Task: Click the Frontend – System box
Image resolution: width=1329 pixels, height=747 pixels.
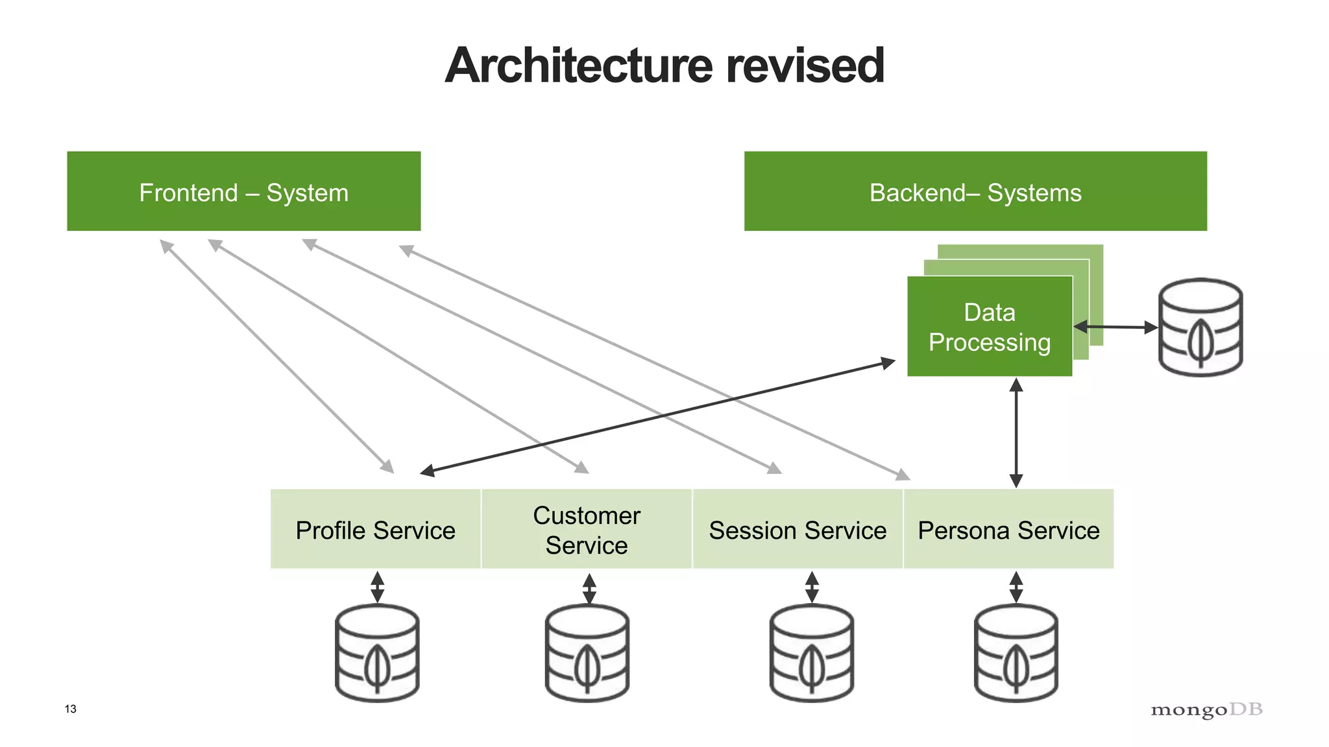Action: (243, 191)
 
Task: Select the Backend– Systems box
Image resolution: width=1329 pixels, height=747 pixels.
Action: (975, 191)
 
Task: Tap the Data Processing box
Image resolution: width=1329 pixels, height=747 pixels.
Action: (989, 327)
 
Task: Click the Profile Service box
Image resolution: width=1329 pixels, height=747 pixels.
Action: (375, 530)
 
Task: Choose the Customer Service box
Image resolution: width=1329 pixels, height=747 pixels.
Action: (586, 530)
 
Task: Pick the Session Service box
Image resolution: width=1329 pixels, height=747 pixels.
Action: (797, 530)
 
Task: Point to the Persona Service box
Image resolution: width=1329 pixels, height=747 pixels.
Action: (1008, 530)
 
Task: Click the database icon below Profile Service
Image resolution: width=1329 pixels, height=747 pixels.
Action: (377, 653)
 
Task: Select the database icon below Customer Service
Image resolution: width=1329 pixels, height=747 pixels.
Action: (587, 653)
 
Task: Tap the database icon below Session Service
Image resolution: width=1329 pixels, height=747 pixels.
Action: (811, 653)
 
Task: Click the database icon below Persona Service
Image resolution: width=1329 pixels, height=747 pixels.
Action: (1016, 653)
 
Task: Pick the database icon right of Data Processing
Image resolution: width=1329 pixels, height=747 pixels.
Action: (1200, 327)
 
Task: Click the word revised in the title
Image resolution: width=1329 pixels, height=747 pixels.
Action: (805, 65)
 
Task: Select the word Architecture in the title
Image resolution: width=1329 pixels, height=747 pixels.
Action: (579, 65)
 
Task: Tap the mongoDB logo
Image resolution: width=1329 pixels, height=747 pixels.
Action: (1206, 709)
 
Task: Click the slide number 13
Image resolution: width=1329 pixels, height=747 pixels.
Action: (71, 709)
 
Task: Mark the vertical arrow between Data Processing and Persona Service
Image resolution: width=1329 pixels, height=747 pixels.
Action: (1016, 433)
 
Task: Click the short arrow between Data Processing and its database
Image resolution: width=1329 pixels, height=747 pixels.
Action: (1115, 327)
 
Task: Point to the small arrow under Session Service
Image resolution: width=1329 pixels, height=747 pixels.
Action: (811, 587)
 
